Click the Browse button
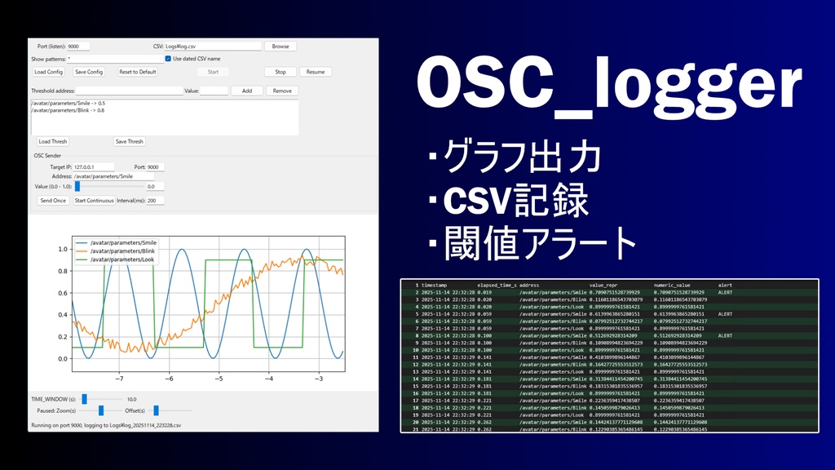(x=281, y=47)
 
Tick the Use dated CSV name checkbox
(x=168, y=59)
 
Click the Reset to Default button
(x=137, y=72)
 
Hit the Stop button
(x=281, y=72)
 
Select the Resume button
(x=316, y=72)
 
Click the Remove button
(x=282, y=91)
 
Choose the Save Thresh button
(x=129, y=141)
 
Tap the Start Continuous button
(x=94, y=200)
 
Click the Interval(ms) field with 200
(x=154, y=200)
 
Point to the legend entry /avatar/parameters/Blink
(x=123, y=251)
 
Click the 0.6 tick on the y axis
(x=62, y=292)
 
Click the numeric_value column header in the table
(x=672, y=285)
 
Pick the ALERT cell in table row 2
(x=724, y=291)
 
